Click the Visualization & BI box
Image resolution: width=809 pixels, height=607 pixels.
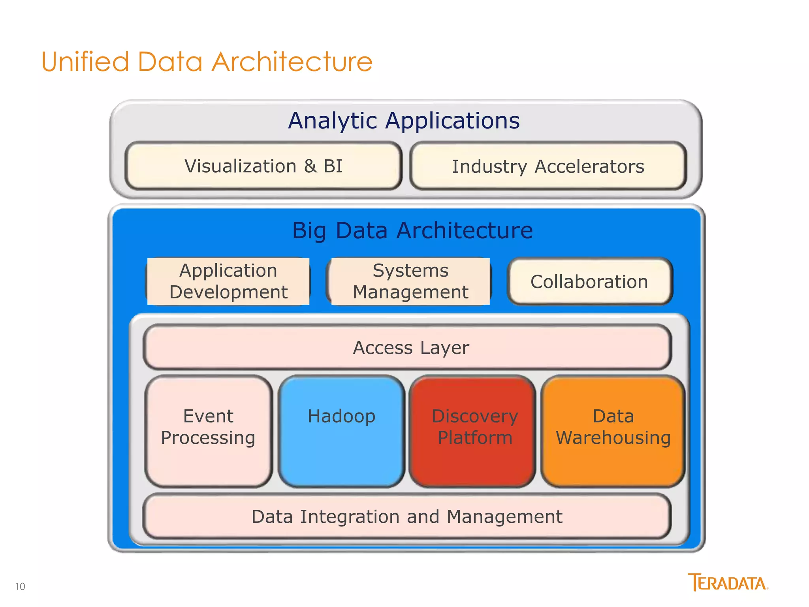pos(263,166)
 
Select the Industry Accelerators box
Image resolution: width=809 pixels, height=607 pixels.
pos(548,166)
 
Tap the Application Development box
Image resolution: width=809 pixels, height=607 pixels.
pos(228,281)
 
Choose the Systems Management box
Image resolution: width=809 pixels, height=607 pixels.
pos(410,281)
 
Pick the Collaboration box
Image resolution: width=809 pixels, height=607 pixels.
pos(589,282)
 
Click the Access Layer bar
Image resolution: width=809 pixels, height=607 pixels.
pos(407,348)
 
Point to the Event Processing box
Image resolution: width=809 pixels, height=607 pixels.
pos(209,431)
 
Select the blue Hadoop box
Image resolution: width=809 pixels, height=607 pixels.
pos(341,431)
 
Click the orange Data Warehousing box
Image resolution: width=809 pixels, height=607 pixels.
pos(613,431)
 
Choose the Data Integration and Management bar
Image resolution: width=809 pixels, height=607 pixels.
pos(407,517)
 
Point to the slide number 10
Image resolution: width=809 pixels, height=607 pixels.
pos(20,586)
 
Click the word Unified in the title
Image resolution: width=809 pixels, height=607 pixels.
pos(85,62)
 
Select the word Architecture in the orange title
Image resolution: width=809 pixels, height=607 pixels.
pos(292,62)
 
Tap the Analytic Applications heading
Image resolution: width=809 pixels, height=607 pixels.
pos(404,121)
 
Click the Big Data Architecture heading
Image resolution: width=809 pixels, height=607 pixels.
pos(412,230)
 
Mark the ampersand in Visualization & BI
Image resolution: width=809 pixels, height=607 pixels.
pos(310,166)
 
